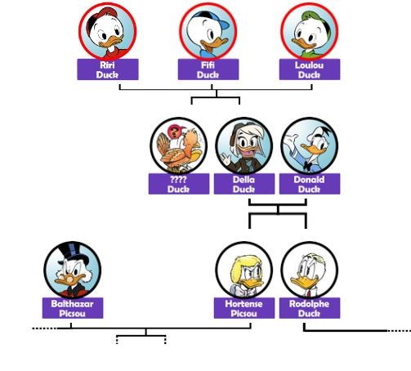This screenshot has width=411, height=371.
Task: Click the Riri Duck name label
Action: [108, 69]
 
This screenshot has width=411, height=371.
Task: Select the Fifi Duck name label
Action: [208, 69]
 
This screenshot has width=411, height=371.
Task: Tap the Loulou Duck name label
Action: [310, 69]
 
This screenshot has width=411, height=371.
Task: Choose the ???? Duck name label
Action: [179, 184]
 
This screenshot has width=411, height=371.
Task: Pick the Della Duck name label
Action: [244, 184]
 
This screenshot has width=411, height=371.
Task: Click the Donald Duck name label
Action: [310, 184]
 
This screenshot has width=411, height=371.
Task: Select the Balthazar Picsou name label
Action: [73, 308]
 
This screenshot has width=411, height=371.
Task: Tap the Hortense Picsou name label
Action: [244, 308]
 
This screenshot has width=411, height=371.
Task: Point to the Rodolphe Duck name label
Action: [310, 308]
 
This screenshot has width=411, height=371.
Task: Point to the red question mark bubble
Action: [174, 132]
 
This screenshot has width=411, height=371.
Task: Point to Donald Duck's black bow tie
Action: [307, 165]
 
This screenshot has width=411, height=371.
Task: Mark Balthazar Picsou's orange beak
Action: [69, 280]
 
